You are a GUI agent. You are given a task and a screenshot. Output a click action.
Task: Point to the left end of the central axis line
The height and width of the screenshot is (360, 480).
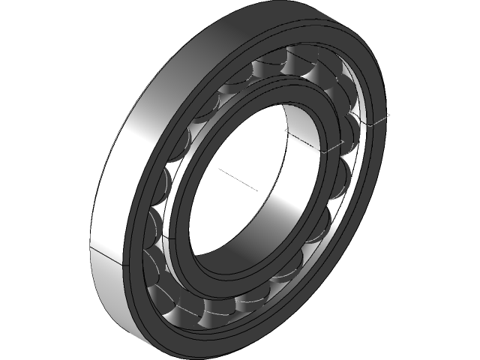tap(219, 169)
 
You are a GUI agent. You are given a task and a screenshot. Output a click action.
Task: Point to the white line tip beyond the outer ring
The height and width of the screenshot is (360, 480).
tap(389, 115)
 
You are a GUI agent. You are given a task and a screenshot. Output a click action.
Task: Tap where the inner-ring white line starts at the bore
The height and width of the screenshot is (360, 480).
tap(286, 130)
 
